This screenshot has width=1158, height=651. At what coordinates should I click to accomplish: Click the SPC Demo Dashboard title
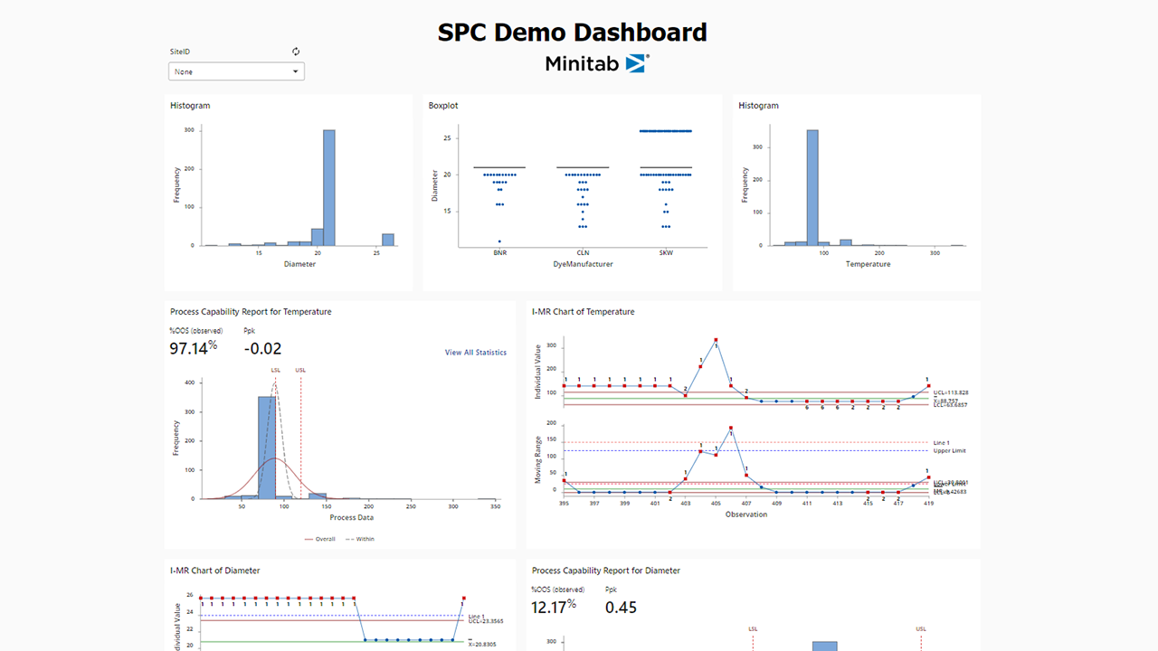pos(572,33)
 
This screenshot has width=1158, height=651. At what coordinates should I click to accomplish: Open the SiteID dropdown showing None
pos(236,71)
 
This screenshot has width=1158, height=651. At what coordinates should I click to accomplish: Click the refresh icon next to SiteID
pos(296,52)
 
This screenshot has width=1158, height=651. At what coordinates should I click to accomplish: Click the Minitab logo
pos(596,63)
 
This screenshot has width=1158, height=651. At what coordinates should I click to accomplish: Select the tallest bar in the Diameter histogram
pos(329,187)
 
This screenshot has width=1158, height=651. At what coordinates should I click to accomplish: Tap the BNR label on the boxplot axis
pos(499,253)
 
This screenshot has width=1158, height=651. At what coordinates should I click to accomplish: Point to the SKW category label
pos(666,253)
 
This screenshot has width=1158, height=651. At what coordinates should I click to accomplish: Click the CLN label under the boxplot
pos(583,253)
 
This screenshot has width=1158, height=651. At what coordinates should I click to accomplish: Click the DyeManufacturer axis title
pos(583,264)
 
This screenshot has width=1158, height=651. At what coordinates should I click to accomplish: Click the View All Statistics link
pos(475,353)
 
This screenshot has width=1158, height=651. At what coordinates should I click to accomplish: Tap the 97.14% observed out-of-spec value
pos(193,348)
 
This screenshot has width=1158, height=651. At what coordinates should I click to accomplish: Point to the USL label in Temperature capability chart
pos(300,369)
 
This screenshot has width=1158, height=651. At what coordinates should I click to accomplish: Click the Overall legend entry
pos(325,539)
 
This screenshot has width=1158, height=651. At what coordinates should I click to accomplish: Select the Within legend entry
pos(365,539)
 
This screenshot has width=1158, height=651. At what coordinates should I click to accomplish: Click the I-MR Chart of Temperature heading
pos(583,312)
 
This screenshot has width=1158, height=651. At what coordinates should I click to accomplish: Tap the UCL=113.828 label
pos(950,392)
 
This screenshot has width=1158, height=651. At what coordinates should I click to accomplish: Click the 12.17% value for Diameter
pos(553,608)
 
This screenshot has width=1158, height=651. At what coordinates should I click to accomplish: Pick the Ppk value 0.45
pos(621,608)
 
